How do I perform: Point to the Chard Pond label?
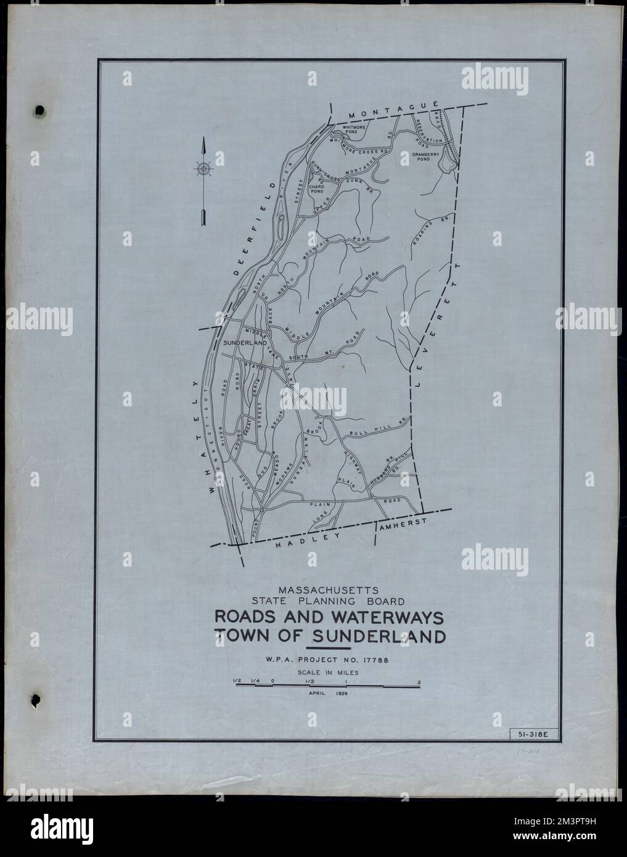316,189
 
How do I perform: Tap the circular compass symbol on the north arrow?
203,168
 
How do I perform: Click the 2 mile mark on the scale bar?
420,683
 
